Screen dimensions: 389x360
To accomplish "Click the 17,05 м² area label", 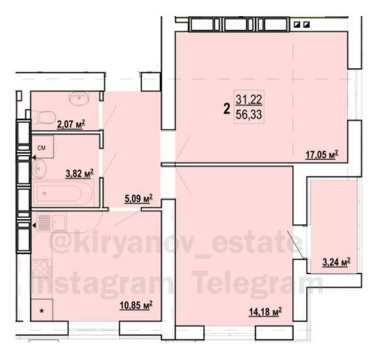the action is [x=322, y=155].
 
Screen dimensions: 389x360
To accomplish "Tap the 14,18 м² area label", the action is [x=265, y=312].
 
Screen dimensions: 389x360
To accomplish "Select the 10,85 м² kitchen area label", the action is [x=136, y=305].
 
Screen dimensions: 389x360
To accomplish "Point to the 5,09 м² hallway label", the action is [x=138, y=198].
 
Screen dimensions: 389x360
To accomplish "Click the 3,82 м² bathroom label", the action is [x=79, y=174].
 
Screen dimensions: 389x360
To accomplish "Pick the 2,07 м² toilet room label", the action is [x=71, y=124].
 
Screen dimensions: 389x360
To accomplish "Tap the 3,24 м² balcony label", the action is [x=336, y=262].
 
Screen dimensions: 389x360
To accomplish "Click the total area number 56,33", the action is [x=249, y=115].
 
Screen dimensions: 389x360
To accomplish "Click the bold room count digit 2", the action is [x=226, y=109].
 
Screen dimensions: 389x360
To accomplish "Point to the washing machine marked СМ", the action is [x=43, y=147].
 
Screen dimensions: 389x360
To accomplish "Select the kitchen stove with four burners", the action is [x=42, y=268].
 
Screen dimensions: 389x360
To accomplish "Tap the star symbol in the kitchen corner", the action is [x=42, y=310].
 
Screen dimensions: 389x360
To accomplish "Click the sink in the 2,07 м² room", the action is [x=79, y=98].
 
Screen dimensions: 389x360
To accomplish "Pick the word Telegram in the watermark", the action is [x=258, y=285].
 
